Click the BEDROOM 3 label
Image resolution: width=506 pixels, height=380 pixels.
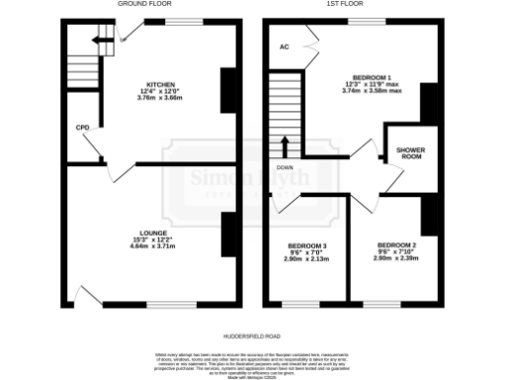307,245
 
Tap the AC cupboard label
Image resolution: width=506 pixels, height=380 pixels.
284,46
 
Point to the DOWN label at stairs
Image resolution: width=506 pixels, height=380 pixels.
286,167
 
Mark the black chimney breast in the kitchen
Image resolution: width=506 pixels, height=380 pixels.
227,91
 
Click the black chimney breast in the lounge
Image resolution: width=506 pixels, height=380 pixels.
227,235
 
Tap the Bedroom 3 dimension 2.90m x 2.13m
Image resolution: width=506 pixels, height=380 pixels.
307,259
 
